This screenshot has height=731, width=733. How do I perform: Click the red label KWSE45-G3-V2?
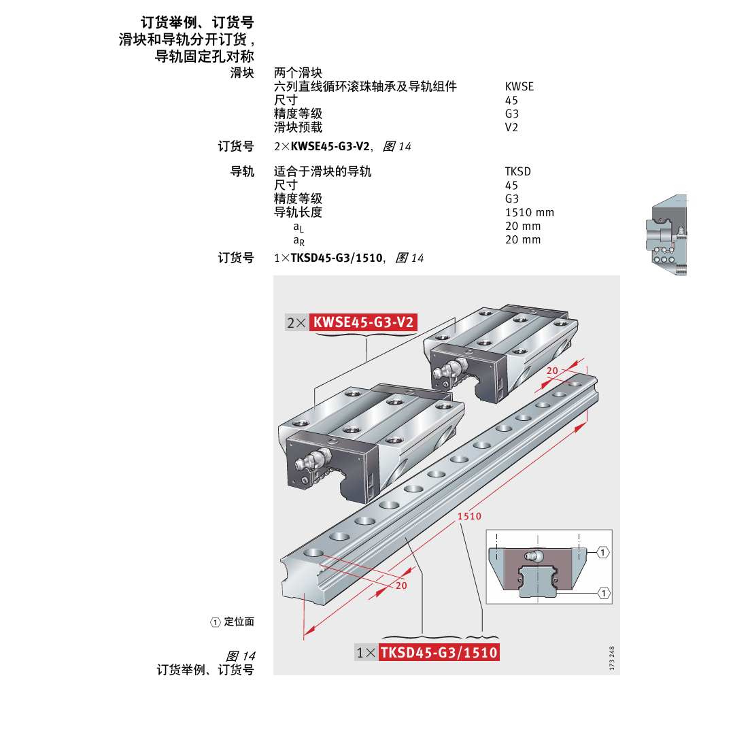[363, 322]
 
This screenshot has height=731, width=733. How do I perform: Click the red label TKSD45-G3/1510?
[439, 653]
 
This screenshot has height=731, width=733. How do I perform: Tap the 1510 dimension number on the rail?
[469, 516]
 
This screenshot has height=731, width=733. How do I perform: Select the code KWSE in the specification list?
[519, 86]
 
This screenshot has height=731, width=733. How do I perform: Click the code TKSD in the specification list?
[518, 171]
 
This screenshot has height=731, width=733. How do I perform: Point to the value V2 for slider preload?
[511, 127]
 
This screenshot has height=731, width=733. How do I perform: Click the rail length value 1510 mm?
[530, 212]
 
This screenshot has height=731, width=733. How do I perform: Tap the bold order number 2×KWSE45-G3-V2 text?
[322, 146]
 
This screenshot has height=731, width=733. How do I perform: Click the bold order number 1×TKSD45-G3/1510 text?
[329, 258]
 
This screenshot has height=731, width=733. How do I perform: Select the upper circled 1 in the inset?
[603, 551]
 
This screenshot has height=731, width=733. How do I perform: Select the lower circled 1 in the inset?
[603, 593]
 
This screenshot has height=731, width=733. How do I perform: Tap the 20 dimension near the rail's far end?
[552, 371]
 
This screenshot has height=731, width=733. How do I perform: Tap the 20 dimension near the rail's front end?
[401, 585]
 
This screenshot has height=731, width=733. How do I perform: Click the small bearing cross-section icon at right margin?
[666, 235]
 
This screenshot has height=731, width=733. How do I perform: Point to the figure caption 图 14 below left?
[240, 656]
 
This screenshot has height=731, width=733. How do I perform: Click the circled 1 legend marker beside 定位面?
[216, 622]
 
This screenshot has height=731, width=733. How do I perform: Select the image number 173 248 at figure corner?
[613, 658]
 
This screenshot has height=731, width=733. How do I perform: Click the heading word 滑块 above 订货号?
[241, 73]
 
